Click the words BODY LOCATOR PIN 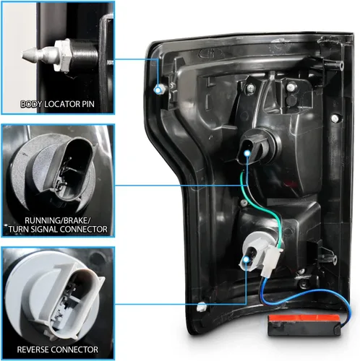pos(57,104)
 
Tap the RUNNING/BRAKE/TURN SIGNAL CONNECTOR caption pos(58,225)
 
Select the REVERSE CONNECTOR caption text pos(58,349)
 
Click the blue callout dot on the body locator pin pos(158,90)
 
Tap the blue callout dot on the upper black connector pos(247,153)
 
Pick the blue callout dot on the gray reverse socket pos(246,259)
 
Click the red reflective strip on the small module pos(304,318)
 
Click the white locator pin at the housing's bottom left pos(202,307)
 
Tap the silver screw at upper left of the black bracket pos(250,88)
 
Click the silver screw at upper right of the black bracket pos(291,87)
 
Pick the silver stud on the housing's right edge pos(335,118)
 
